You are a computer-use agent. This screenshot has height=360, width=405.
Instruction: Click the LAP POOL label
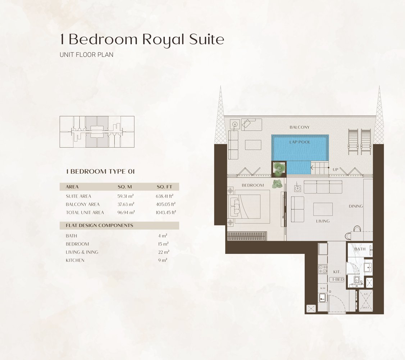click(x=300, y=142)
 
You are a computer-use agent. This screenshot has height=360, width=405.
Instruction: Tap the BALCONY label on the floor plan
click(x=299, y=127)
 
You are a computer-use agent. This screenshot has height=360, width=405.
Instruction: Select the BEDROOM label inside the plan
click(x=252, y=185)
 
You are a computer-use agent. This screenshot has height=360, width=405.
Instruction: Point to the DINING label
click(x=355, y=206)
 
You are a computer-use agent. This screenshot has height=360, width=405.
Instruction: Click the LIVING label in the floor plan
click(x=322, y=221)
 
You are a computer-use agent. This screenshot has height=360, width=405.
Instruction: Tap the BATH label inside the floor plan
click(x=360, y=249)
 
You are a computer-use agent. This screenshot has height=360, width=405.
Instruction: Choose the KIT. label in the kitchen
click(x=337, y=273)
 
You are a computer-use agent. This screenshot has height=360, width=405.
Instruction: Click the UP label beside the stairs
click(x=335, y=169)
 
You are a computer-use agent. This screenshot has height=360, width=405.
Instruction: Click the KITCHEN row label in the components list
click(x=75, y=260)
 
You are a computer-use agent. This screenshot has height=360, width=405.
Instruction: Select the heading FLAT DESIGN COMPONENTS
click(x=99, y=226)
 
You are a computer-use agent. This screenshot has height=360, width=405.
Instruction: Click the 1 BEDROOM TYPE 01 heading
click(x=100, y=172)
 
